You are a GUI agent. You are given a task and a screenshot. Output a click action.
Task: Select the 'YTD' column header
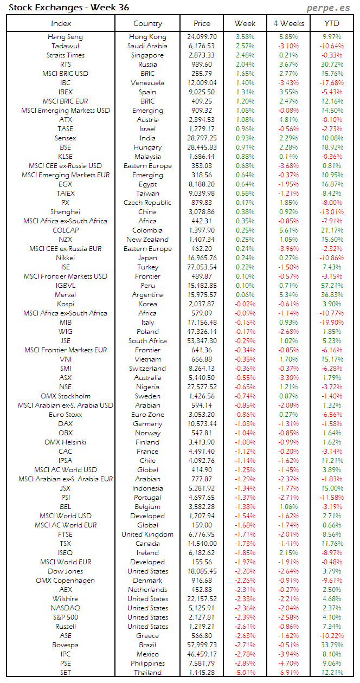(332, 23)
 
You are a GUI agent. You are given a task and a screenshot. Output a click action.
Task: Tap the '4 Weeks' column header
(288, 23)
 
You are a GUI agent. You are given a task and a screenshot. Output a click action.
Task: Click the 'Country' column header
(147, 23)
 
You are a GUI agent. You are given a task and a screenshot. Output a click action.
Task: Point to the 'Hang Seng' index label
(66, 37)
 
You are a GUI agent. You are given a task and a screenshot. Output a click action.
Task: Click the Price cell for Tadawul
(202, 46)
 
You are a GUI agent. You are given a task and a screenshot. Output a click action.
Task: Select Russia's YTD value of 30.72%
(332, 65)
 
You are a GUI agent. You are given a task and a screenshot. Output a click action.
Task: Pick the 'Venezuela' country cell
(147, 83)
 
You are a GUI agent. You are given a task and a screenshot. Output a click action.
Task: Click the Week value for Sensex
(245, 138)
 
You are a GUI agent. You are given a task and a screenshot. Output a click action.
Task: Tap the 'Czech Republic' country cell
(147, 203)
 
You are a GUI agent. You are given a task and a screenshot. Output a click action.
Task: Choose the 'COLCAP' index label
(66, 230)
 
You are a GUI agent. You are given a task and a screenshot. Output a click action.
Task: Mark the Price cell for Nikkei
(202, 258)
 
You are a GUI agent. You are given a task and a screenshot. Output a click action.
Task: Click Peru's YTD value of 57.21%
(332, 286)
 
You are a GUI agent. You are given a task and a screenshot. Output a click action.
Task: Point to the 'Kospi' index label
(66, 304)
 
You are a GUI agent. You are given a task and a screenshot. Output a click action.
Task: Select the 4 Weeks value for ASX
(288, 378)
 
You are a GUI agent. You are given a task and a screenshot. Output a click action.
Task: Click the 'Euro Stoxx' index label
(66, 415)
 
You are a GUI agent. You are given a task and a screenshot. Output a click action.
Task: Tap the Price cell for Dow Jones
(202, 571)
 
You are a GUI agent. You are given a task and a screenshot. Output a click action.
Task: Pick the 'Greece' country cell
(147, 636)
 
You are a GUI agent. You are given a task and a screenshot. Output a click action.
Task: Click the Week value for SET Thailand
(245, 673)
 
